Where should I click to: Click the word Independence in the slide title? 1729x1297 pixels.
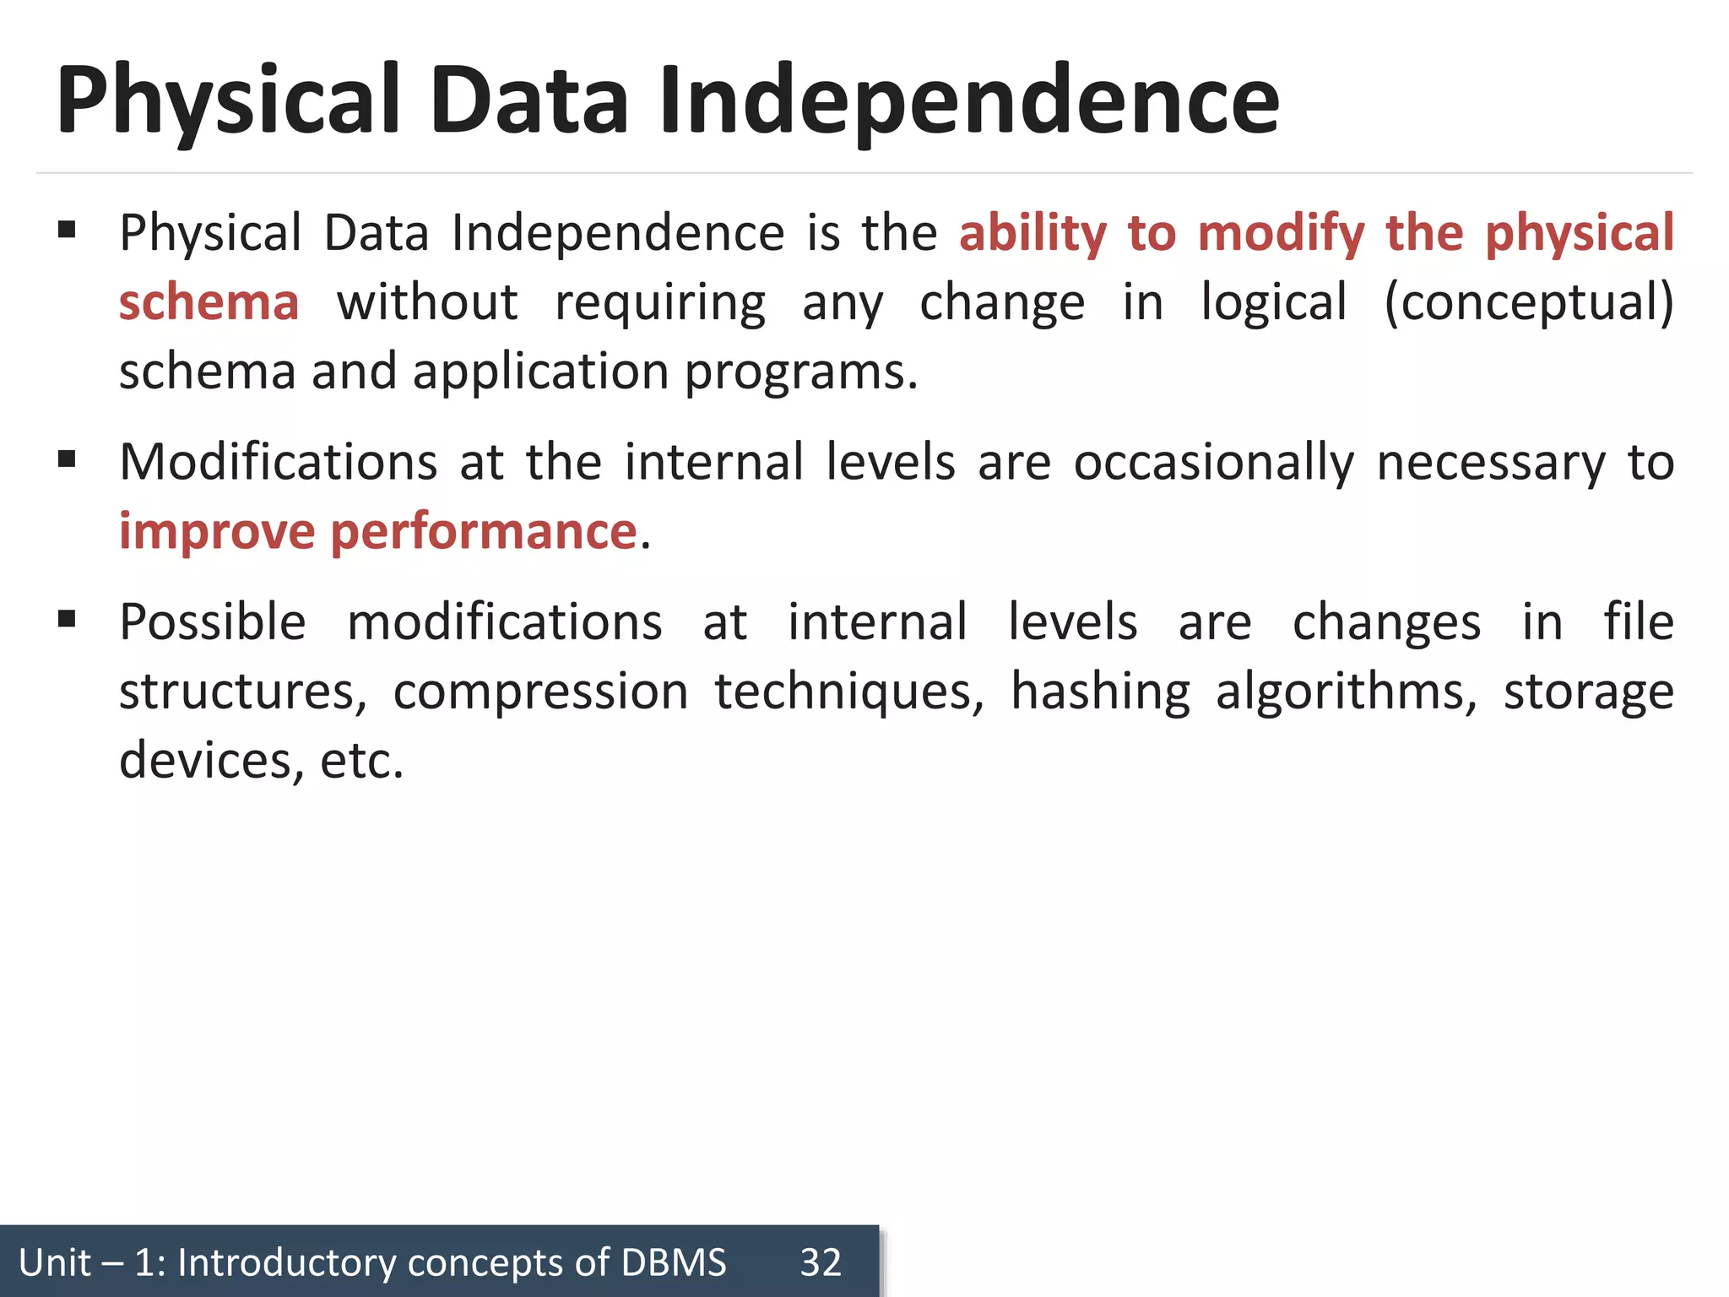coord(968,101)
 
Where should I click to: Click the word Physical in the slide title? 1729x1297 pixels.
coord(228,101)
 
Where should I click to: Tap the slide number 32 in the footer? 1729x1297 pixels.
coord(821,1262)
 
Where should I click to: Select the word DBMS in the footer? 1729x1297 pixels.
coord(673,1262)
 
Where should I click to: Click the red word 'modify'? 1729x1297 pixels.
coord(1281,234)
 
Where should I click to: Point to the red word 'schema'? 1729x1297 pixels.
coord(209,302)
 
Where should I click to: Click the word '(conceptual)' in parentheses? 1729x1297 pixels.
coord(1528,302)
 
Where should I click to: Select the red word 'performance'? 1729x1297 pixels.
coord(483,532)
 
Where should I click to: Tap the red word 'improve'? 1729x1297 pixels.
coord(217,532)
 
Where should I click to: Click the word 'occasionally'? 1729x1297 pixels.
coord(1213,463)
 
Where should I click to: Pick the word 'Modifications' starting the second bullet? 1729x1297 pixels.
coord(279,463)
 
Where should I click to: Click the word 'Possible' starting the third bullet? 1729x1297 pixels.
coord(213,622)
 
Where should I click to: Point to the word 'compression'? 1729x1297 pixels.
coord(540,692)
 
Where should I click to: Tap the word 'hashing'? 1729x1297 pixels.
coord(1100,692)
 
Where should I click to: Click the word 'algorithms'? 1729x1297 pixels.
coord(1346,692)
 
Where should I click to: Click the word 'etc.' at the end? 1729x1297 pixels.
coord(361,760)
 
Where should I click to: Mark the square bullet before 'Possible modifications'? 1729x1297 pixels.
coord(67,619)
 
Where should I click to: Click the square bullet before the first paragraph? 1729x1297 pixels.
coord(67,230)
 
